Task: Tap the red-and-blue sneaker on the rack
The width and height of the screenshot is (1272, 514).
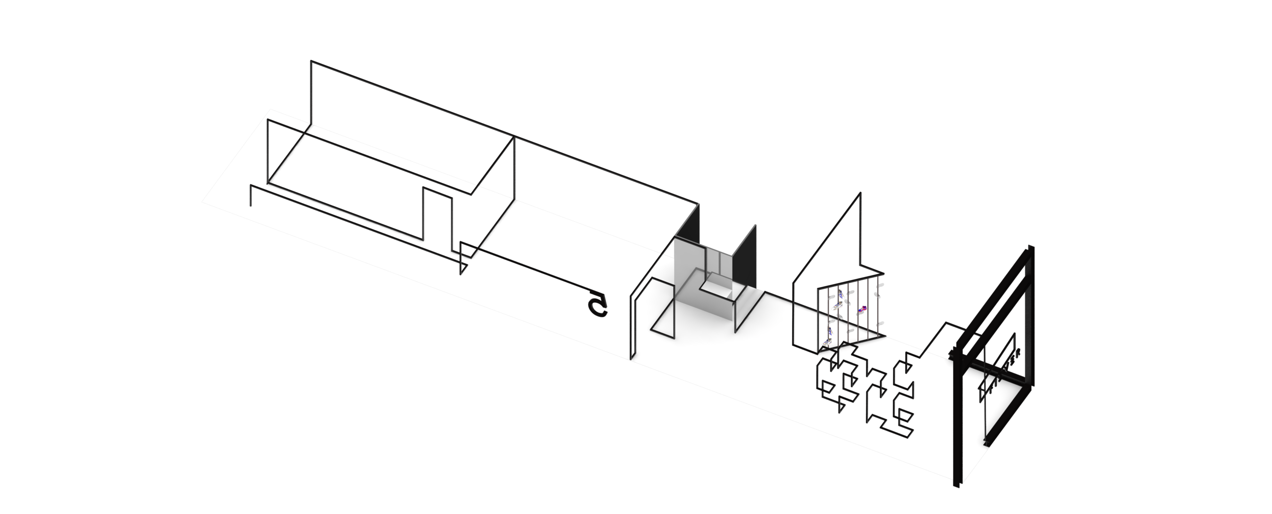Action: click(x=861, y=309)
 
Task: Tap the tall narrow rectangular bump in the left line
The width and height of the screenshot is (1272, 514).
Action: click(x=437, y=214)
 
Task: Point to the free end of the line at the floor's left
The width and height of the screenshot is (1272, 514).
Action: click(x=251, y=206)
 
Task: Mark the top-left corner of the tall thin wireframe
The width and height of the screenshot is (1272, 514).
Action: click(x=311, y=62)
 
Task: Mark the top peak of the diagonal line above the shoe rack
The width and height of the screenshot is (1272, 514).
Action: click(x=859, y=195)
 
